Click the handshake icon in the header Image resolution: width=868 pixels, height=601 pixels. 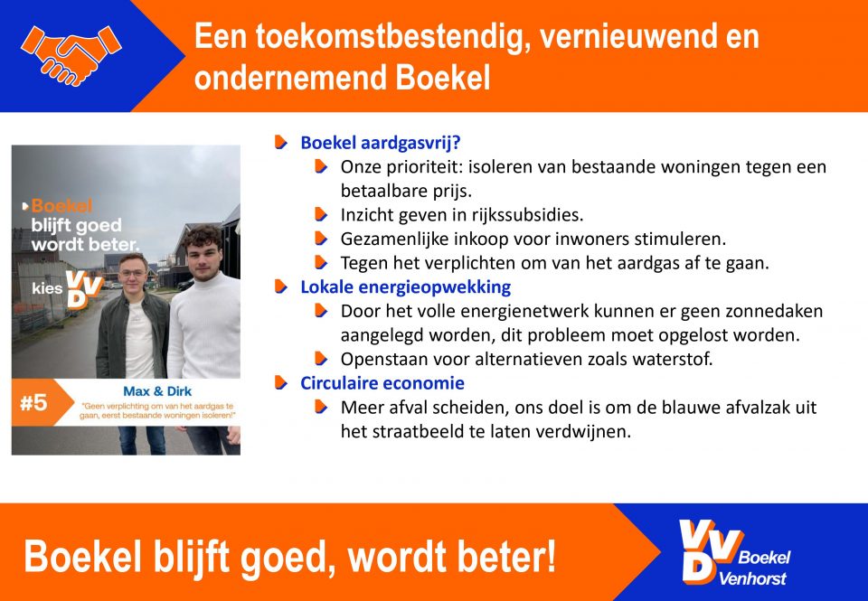pyautogui.click(x=71, y=55)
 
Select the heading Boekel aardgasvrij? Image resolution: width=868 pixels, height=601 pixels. pyautogui.click(x=381, y=143)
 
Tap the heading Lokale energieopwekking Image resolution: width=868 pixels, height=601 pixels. pyautogui.click(x=405, y=287)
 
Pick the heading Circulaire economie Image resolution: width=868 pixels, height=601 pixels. pyautogui.click(x=382, y=383)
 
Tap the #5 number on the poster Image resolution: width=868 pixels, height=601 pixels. pyautogui.click(x=33, y=403)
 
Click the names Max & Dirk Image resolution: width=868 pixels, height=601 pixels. pyautogui.click(x=157, y=391)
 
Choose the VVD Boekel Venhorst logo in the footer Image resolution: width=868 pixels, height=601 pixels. pyautogui.click(x=734, y=553)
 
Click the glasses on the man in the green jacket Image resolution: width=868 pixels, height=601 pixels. pyautogui.click(x=133, y=273)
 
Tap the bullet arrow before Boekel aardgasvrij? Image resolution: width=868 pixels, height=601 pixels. pyautogui.click(x=281, y=143)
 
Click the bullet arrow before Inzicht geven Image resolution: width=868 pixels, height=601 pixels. pyautogui.click(x=321, y=215)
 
